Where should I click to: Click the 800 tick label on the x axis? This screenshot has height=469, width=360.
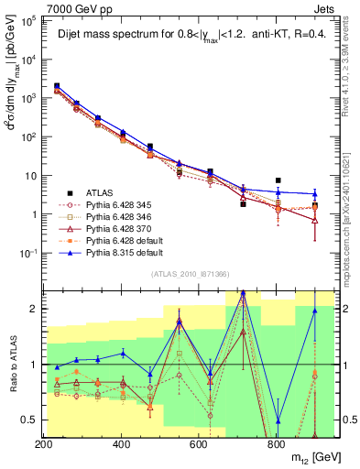click(x=277, y=443)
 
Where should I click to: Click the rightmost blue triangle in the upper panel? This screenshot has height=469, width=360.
click(x=314, y=194)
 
